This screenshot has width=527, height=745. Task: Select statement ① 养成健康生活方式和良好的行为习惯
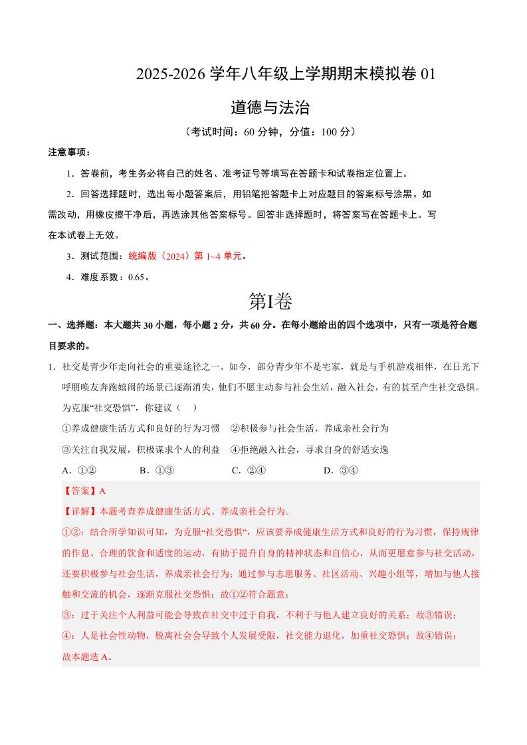coord(140,428)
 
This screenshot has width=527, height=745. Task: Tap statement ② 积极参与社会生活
coord(309,428)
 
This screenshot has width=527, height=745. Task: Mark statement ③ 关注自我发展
coord(140,450)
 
